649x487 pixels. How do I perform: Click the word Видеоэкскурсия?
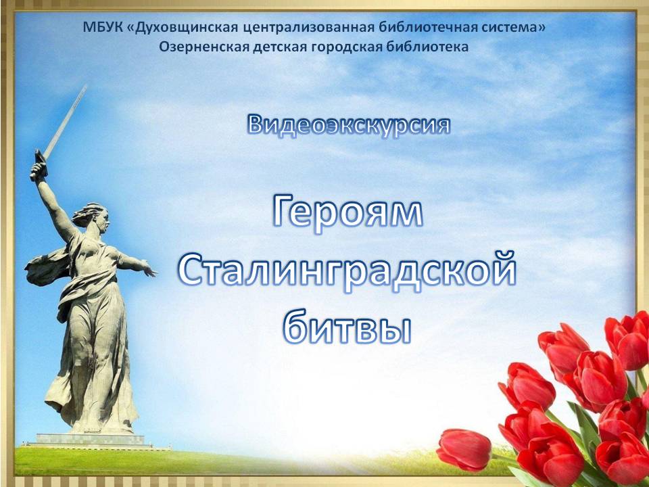coord(349,124)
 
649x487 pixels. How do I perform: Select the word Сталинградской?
coord(347,271)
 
